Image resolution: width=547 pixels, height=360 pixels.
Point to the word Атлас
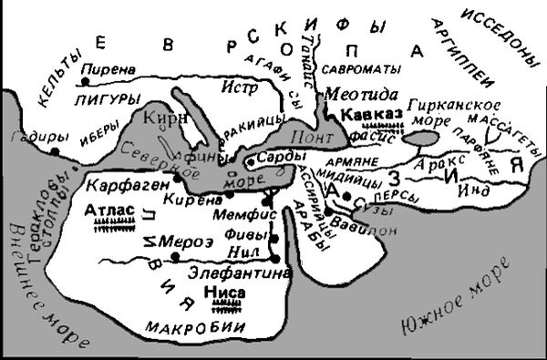point(108,211)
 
